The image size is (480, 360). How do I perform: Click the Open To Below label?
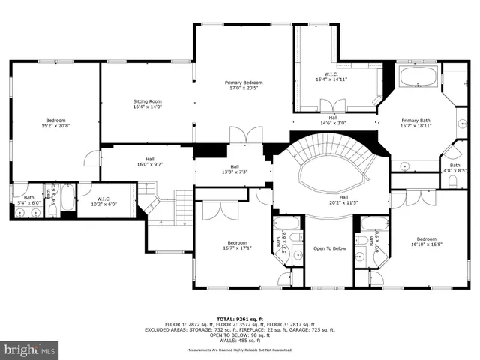coord(329,248)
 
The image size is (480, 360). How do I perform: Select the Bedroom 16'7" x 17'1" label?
coord(238,246)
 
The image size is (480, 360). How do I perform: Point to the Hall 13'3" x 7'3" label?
coord(235,169)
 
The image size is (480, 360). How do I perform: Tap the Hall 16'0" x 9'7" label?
coord(150,161)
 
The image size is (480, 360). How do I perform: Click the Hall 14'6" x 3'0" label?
coord(333,120)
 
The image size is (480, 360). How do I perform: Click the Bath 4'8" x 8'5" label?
coord(455,168)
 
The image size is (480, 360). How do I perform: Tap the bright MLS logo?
coord(30,349)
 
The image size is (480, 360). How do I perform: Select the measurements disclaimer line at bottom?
coord(240,350)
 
